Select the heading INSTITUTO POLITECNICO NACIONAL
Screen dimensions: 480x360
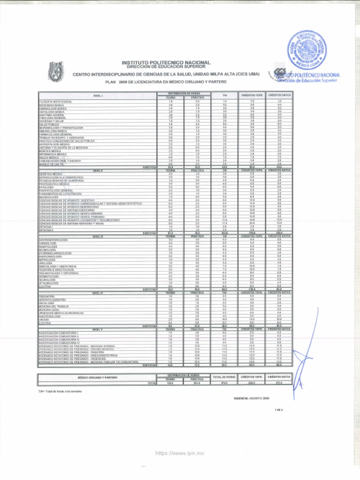tap(166, 62)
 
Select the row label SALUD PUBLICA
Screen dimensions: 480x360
tap(49, 124)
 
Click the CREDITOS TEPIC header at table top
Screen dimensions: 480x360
tap(252, 95)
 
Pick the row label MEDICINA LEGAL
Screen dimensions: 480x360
tap(49, 309)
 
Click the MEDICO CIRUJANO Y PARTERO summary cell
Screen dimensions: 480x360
tap(97, 377)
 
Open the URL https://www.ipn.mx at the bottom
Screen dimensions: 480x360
tap(180, 454)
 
